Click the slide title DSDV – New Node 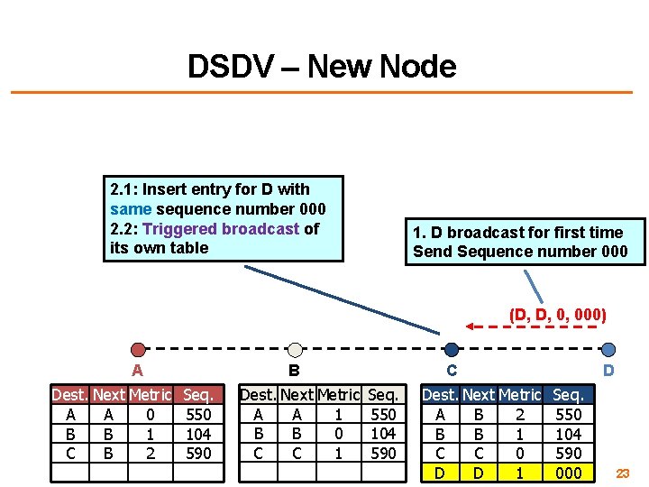pos(322,66)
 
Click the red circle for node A pos(138,349)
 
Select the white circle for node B pos(294,349)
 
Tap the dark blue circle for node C pos(452,349)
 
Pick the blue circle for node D pos(608,349)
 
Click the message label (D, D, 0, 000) pos(557,315)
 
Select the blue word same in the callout pos(128,209)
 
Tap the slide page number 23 pos(623,473)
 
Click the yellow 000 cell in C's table pos(567,473)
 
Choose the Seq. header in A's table pos(198,395)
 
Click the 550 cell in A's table pos(198,415)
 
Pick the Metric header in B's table pos(340,395)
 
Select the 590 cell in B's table pos(383,454)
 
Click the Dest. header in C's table pos(440,395)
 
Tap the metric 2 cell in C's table pos(519,415)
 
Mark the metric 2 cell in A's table pos(151,454)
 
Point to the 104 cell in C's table pos(567,434)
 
